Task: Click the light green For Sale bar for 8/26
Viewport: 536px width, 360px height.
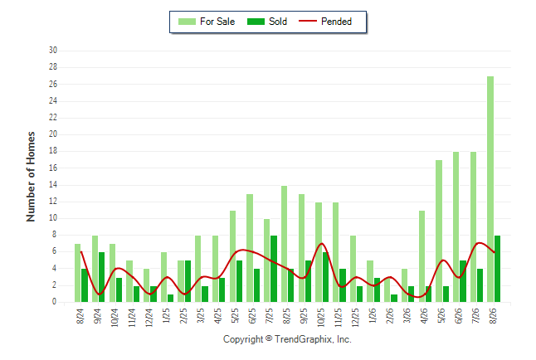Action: click(490, 189)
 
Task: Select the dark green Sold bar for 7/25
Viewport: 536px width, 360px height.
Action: click(274, 269)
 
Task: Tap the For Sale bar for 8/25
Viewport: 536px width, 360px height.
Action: click(284, 244)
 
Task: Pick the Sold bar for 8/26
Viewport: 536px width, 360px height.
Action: click(497, 269)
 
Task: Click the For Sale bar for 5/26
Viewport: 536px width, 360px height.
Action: click(439, 231)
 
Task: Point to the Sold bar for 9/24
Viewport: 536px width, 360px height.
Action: click(102, 277)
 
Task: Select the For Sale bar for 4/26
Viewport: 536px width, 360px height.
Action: click(421, 256)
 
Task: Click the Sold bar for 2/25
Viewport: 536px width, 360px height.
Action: click(188, 281)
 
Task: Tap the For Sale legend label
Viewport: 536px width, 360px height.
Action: click(217, 22)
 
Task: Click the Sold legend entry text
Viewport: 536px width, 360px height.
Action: click(278, 22)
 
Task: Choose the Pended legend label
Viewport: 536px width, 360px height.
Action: click(336, 22)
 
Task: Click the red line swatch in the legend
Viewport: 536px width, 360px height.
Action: click(308, 21)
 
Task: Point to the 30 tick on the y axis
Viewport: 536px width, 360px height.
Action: click(53, 51)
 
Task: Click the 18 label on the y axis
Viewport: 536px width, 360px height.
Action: click(53, 151)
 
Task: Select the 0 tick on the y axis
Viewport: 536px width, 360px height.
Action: click(55, 302)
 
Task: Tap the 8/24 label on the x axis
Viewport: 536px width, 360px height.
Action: click(80, 316)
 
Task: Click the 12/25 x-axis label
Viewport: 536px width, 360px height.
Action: click(355, 317)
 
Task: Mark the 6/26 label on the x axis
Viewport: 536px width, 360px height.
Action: click(459, 316)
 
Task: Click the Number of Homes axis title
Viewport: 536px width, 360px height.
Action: click(31, 177)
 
